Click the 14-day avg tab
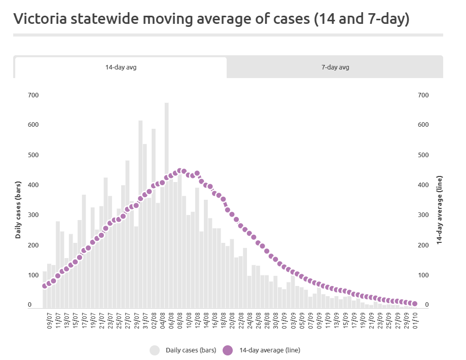coord(121,67)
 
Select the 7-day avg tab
coord(335,67)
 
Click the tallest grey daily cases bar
coord(166,205)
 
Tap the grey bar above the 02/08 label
coord(154,218)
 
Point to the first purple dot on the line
coord(45,286)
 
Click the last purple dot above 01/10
coord(415,304)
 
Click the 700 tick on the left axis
coord(33,95)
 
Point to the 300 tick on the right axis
coord(423,215)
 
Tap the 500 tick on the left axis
coord(33,155)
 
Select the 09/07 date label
coord(49,320)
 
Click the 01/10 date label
coord(415,320)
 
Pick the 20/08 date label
coord(232,320)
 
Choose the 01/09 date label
coord(284,320)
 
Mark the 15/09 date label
coord(345,320)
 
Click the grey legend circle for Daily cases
coord(155,350)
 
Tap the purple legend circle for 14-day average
coord(228,350)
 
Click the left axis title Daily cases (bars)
coord(18,210)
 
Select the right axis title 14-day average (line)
coord(439,210)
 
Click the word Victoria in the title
coord(40,19)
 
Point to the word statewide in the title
coord(104,19)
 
